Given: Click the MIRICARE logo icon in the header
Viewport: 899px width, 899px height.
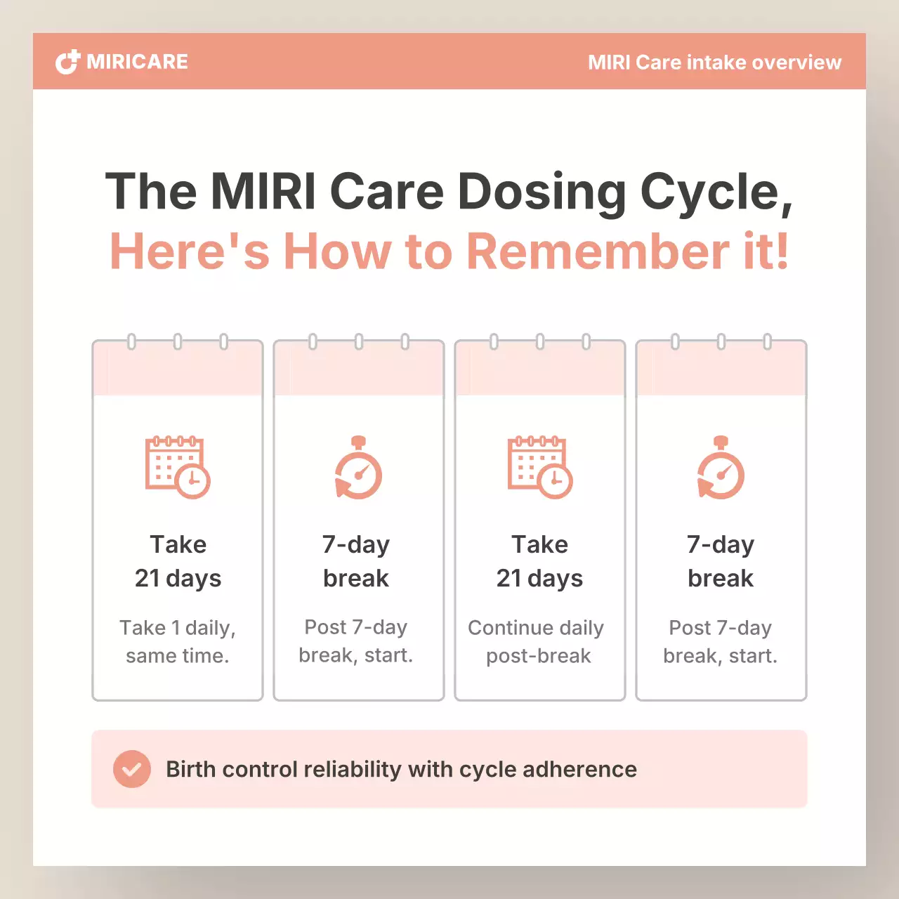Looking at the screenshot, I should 67,62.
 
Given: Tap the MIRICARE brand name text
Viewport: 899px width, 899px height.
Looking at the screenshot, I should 138,62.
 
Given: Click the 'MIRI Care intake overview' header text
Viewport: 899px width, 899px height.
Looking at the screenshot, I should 714,63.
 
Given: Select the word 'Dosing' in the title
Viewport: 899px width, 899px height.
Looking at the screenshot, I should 542,192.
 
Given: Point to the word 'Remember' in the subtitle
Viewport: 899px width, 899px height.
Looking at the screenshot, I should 598,251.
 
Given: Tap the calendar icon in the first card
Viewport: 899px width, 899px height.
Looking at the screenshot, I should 178,467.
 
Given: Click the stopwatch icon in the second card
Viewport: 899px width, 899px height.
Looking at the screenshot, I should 358,468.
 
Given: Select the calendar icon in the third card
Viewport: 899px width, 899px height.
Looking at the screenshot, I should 540,467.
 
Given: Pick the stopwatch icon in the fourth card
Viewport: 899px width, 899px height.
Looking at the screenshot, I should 721,468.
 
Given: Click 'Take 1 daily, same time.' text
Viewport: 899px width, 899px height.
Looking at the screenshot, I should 178,641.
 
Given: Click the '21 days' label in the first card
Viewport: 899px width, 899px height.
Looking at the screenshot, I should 178,578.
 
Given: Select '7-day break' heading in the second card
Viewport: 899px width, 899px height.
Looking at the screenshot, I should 356,561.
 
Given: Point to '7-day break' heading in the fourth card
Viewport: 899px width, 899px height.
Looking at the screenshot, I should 721,561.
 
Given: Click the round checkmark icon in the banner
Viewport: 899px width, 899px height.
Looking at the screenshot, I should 132,769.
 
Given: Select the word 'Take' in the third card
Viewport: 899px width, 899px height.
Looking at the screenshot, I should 539,544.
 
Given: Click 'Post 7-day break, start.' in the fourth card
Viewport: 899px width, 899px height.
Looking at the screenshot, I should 721,641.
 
